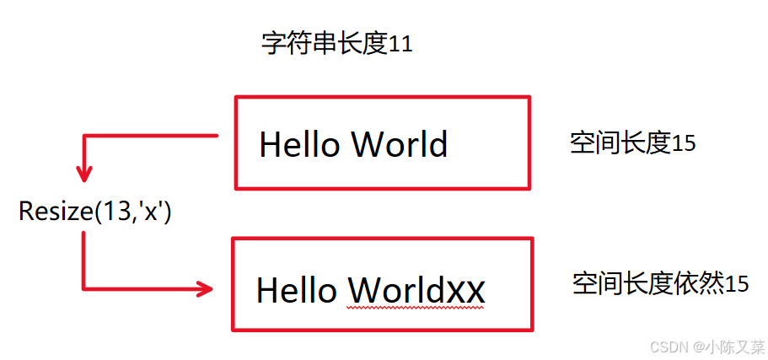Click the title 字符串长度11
coord(336,44)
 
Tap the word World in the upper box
coord(400,144)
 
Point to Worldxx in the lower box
coord(416,291)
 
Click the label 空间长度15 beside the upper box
coord(632,143)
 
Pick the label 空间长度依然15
coord(660,283)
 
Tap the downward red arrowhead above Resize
coord(83,174)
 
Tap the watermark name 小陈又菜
coord(735,347)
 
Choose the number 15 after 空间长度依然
coord(737,284)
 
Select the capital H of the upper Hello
coord(270,144)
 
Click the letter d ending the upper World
coord(438,144)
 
